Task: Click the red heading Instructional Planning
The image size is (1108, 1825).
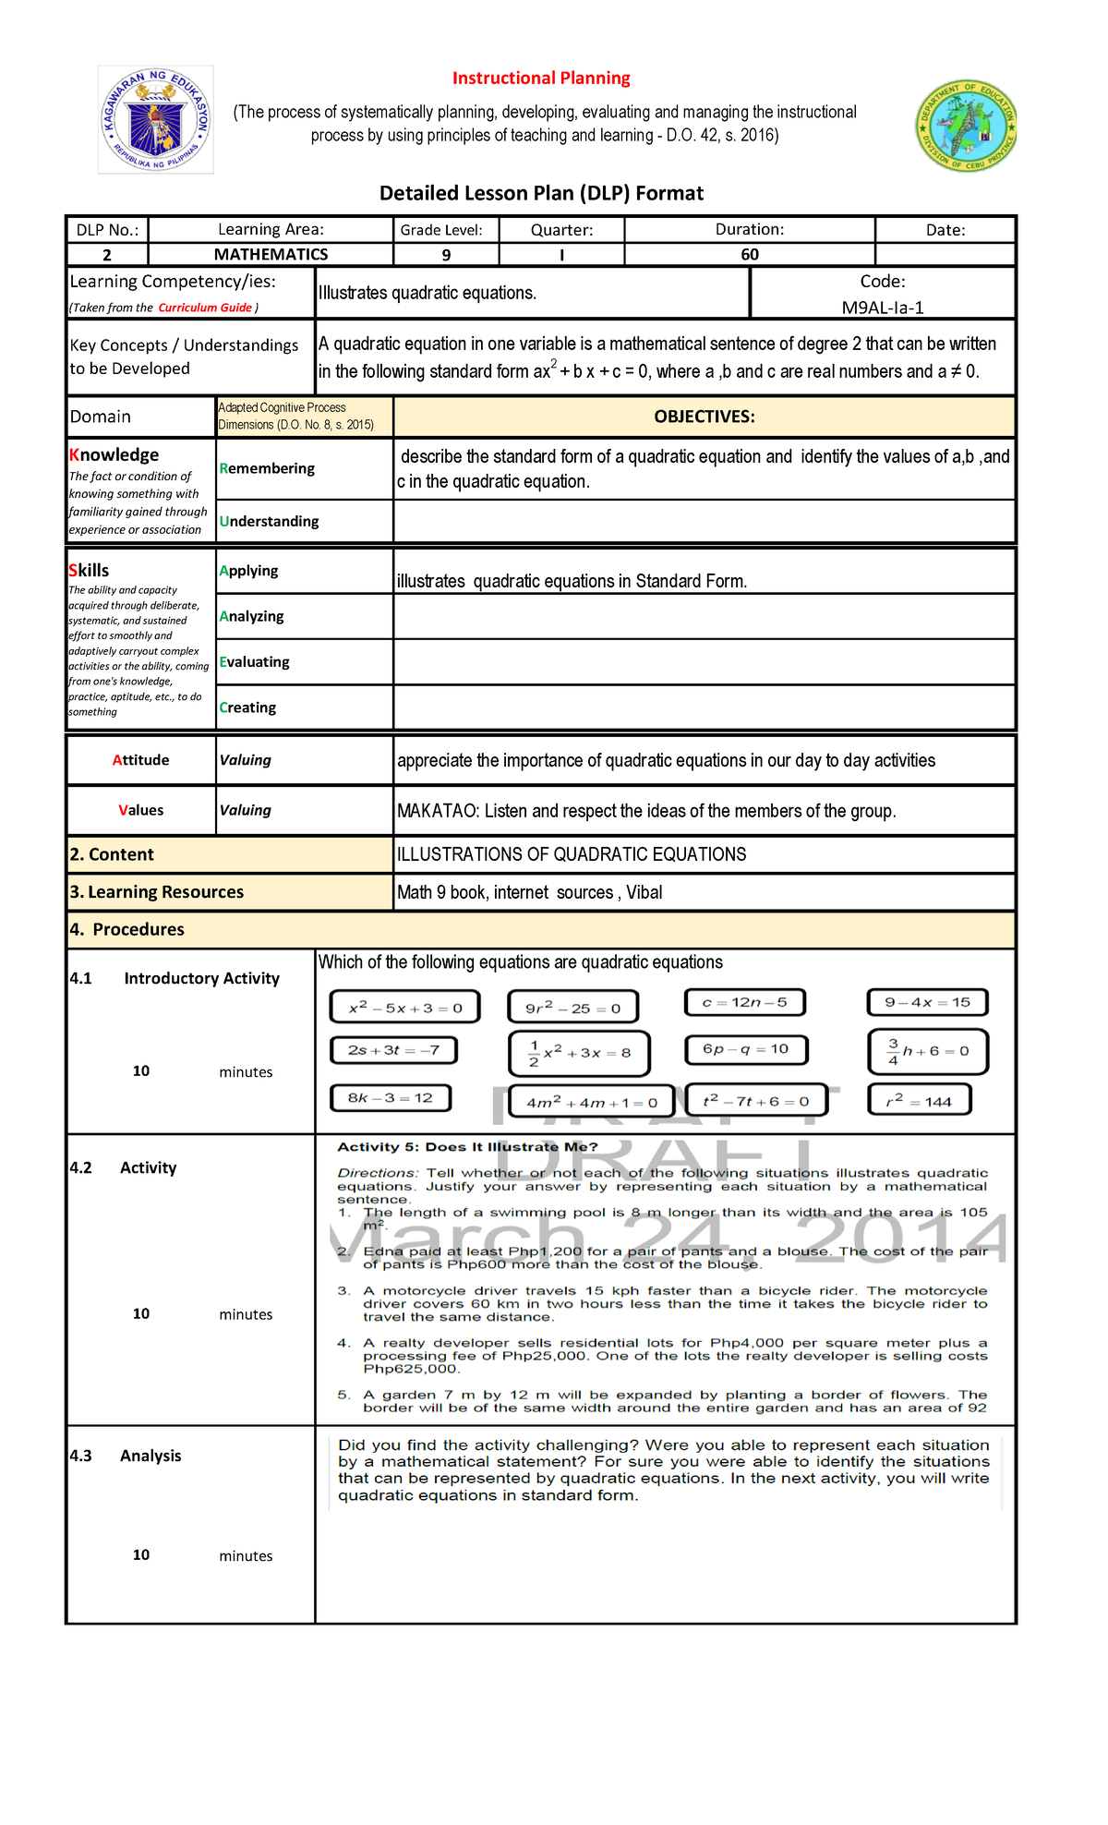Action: pos(541,79)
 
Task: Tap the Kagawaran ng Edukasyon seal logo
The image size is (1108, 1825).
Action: pos(156,120)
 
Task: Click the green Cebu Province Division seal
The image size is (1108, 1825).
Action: pos(966,126)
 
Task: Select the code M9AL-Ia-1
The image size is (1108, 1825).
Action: pos(883,308)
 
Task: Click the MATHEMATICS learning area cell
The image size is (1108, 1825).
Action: pos(271,255)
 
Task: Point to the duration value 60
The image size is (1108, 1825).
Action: pos(749,255)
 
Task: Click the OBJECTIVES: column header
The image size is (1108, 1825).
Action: pos(704,417)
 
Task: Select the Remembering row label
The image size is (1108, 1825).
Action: pos(267,468)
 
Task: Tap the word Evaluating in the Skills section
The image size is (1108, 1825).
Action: pos(254,662)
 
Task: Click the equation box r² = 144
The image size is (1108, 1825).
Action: pos(920,1101)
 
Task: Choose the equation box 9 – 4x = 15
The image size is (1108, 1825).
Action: pos(927,1002)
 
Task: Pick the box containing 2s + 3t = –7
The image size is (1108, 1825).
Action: pos(393,1050)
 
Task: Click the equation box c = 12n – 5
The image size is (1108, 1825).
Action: pos(744,1002)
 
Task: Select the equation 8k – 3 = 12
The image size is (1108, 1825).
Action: pos(391,1098)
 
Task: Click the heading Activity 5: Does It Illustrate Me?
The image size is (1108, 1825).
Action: pos(467,1147)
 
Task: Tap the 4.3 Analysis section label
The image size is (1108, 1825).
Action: pos(126,1456)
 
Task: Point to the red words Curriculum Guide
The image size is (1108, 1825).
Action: pos(205,308)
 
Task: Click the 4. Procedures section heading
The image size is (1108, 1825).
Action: pos(127,929)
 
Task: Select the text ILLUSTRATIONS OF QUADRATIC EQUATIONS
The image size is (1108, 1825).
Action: pos(572,854)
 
